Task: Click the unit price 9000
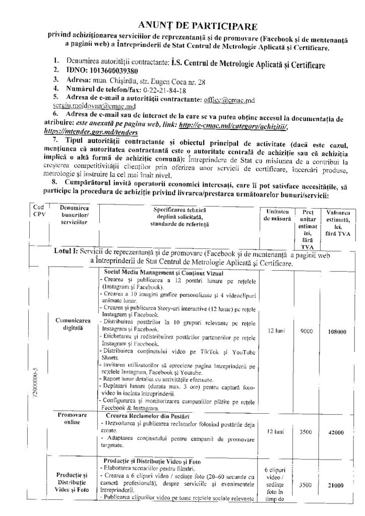click(x=306, y=332)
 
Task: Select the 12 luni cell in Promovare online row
click(x=276, y=432)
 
